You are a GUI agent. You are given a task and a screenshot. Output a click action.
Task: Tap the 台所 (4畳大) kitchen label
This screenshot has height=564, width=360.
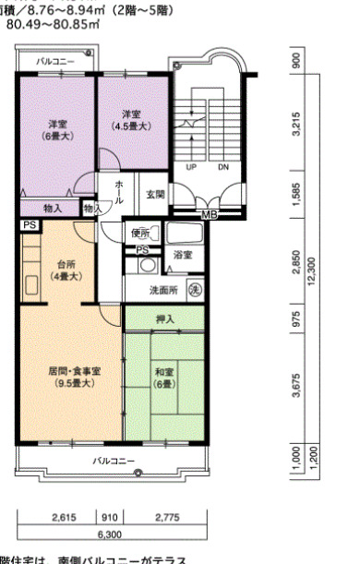(65, 270)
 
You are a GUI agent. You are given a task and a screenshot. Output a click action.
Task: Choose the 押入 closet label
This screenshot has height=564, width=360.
(165, 318)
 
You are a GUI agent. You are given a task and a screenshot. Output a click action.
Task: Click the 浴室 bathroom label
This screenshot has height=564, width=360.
(182, 254)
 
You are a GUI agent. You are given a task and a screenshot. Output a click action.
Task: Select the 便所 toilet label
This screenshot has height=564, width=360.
(140, 232)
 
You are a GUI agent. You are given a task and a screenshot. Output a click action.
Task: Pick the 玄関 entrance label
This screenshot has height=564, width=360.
(154, 195)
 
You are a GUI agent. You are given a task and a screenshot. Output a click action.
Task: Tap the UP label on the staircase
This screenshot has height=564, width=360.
(191, 168)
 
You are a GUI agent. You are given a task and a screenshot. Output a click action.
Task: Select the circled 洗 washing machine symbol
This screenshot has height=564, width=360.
(195, 290)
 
